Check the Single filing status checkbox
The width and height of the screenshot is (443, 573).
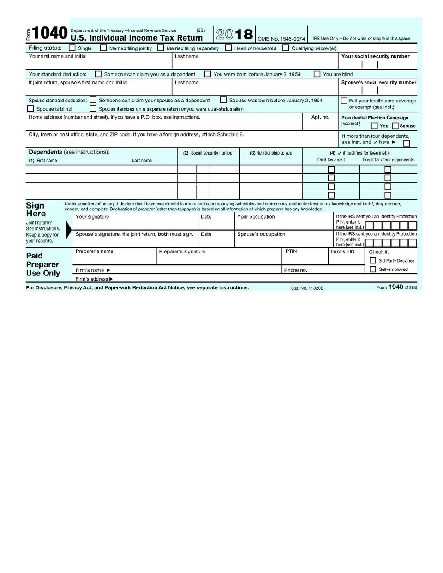(72, 48)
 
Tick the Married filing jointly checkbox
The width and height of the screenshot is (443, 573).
(103, 48)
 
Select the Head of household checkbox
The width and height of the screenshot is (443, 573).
(228, 48)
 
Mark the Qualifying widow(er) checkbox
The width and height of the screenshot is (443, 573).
(286, 48)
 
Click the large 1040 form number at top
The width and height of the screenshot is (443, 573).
(50, 33)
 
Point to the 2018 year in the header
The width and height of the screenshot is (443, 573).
(234, 34)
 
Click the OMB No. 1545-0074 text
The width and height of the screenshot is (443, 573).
(281, 39)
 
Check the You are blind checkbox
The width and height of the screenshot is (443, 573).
(317, 74)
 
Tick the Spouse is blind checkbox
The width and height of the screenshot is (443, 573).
(30, 109)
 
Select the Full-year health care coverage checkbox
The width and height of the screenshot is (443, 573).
(344, 101)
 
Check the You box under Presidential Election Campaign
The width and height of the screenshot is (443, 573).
(374, 126)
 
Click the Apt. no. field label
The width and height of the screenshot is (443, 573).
(320, 117)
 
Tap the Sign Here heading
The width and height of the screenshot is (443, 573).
(36, 209)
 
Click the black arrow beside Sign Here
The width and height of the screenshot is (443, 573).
(69, 229)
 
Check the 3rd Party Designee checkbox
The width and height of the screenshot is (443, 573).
(373, 261)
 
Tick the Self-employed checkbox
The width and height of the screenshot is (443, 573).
(373, 269)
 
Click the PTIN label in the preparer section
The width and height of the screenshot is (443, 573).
(291, 251)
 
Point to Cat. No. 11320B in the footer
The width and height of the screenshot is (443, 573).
(307, 288)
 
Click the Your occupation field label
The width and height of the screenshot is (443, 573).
(256, 217)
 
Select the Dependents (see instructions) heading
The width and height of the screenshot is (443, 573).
(69, 152)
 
